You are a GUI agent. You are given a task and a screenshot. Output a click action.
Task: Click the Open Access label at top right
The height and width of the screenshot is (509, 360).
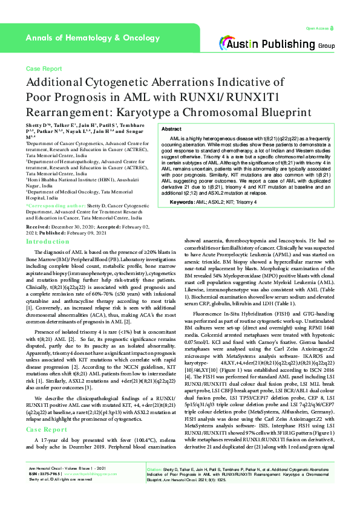pos(316,28)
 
